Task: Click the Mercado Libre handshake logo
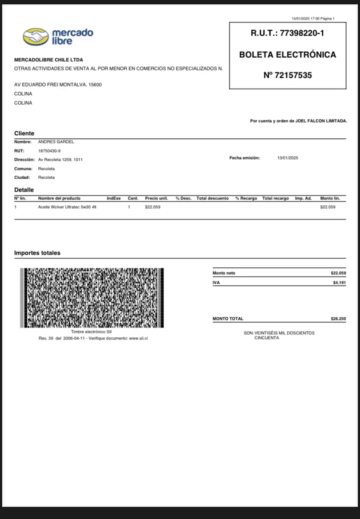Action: coord(36,37)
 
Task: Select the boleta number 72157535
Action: coord(293,75)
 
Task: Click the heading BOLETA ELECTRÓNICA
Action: coord(287,55)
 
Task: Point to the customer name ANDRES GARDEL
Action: coord(56,142)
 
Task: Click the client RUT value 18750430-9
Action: coord(50,151)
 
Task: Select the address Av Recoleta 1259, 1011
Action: coord(60,160)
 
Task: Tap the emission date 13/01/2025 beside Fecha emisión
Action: coord(287,158)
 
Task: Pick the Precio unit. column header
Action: coord(156,198)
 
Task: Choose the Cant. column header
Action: coord(133,198)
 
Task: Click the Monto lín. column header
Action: coord(330,198)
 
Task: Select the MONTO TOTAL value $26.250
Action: coord(338,319)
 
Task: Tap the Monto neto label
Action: coord(224,273)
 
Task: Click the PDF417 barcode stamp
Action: coord(92,298)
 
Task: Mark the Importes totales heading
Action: coord(37,253)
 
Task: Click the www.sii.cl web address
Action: coord(138,338)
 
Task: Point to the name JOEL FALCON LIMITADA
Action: coord(321,121)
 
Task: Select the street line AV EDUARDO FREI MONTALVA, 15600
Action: coord(58,85)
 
